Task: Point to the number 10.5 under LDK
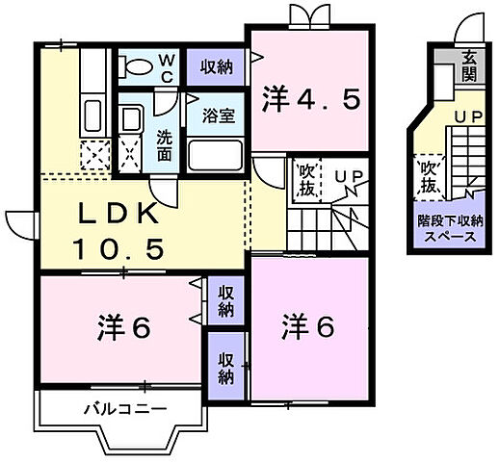click(118, 249)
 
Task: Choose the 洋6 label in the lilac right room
click(308, 326)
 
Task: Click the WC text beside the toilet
click(167, 67)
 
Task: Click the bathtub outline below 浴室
click(216, 153)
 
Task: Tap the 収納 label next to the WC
click(216, 66)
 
